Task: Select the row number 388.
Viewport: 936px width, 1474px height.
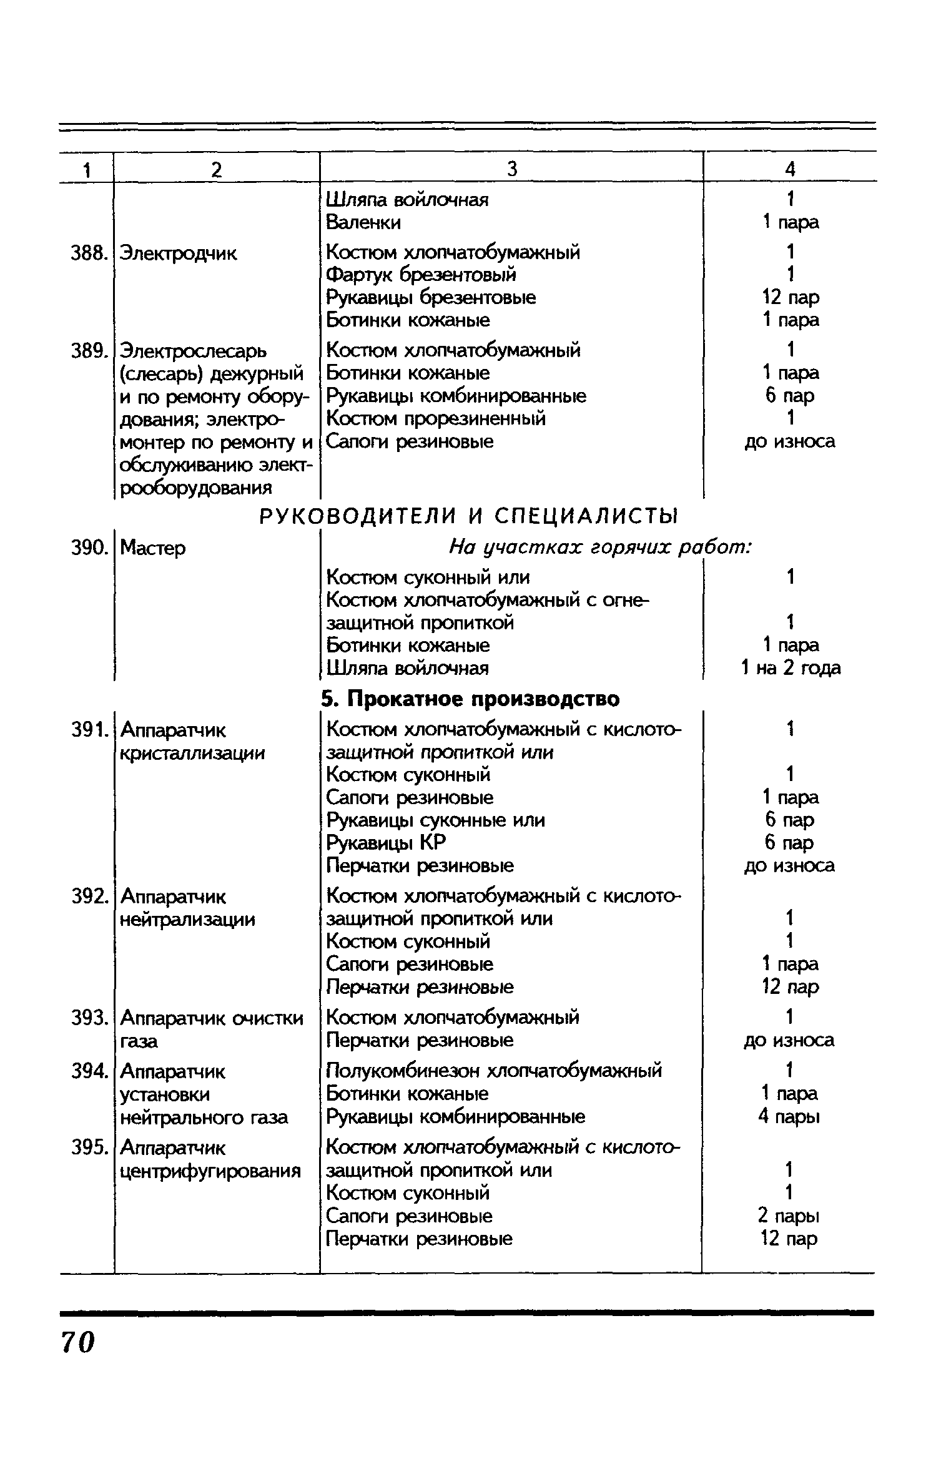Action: [86, 253]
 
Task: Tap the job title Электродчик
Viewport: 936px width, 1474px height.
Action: [178, 253]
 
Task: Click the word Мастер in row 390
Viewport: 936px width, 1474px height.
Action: [152, 548]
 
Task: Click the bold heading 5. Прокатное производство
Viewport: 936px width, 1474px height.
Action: [471, 699]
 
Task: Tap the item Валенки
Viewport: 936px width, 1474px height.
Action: [363, 222]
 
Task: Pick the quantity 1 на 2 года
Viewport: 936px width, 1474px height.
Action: [791, 668]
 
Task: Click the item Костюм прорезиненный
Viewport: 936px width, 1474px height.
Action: [436, 418]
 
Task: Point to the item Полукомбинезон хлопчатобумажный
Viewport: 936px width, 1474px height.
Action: [494, 1071]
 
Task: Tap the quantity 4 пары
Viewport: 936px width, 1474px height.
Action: [789, 1116]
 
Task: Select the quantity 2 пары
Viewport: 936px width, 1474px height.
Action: [789, 1216]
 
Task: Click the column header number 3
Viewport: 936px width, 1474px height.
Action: [512, 169]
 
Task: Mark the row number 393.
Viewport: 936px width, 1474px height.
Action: [86, 1018]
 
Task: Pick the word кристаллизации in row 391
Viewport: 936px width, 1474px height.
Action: [192, 753]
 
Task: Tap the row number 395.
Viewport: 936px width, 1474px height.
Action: [86, 1147]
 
